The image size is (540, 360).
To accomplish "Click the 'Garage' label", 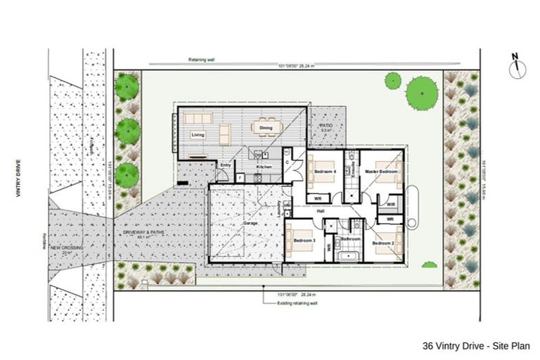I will coord(249,224).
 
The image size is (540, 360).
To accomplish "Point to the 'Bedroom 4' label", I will coord(324,172).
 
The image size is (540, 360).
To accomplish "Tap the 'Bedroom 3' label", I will coord(304,241).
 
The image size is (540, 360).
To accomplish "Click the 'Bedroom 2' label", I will coord(383,243).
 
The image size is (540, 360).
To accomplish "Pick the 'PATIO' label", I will coord(326,126).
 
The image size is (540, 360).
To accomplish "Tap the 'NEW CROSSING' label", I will coord(67,250).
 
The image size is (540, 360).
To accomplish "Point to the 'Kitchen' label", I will coord(264,167).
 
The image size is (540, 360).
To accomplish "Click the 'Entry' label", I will coord(225,165).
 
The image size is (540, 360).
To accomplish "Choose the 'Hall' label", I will coord(321,210).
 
